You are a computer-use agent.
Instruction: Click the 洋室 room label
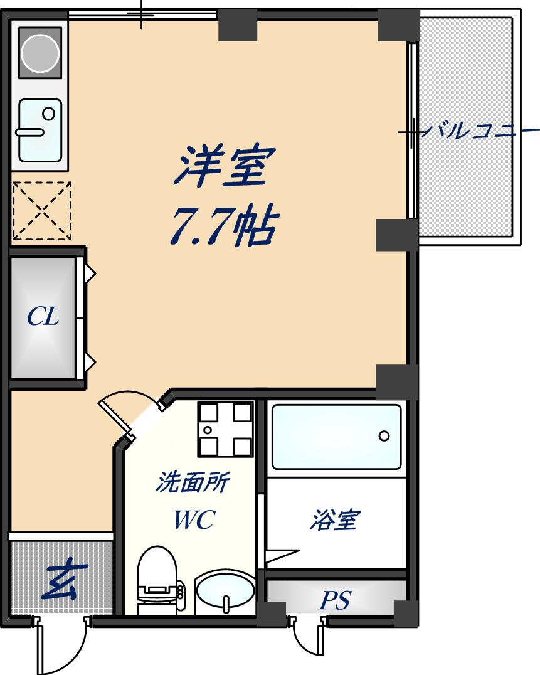[x=225, y=166]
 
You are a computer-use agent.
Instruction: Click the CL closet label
[x=43, y=317]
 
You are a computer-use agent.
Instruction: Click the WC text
[x=194, y=519]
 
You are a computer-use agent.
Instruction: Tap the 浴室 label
[x=333, y=520]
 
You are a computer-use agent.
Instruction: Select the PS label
[x=335, y=600]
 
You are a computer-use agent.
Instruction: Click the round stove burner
[x=41, y=52]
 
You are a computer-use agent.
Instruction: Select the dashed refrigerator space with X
[x=42, y=211]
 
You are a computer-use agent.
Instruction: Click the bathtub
[x=336, y=437]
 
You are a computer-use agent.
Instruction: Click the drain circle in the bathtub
[x=384, y=436]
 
